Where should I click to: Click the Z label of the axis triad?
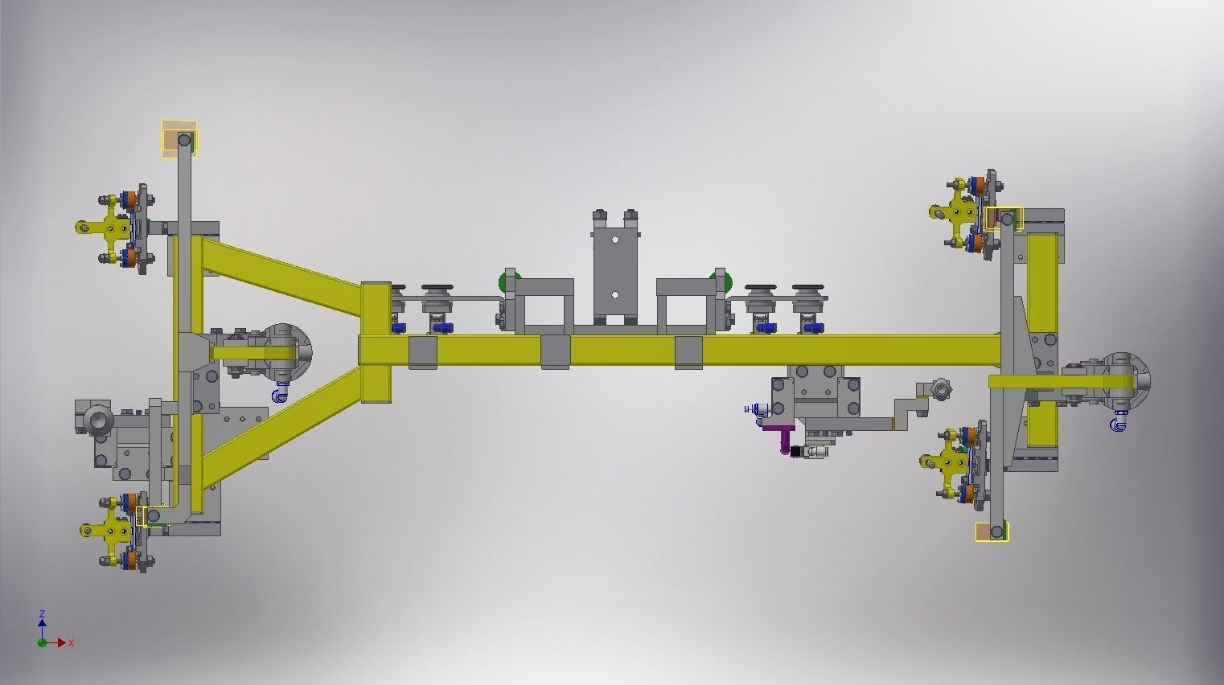point(42,613)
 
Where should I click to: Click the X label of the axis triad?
point(72,643)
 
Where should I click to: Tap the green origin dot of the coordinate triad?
point(42,643)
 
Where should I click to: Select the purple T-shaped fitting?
point(781,435)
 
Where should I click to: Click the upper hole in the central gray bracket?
point(615,240)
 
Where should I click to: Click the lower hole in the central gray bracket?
point(615,295)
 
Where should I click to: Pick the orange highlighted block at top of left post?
point(172,142)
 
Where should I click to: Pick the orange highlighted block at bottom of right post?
point(984,531)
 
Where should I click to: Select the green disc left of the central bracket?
point(507,282)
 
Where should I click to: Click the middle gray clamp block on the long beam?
point(555,351)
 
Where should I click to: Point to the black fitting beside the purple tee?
point(797,452)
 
